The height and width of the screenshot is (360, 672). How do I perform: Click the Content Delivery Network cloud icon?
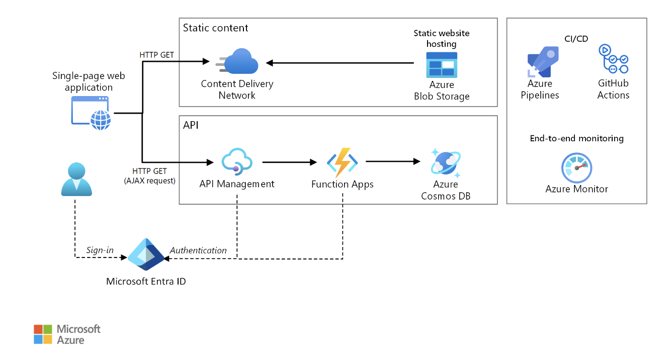[239, 62]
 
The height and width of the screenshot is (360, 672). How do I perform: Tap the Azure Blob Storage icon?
[442, 64]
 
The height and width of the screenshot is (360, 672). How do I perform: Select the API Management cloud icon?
[236, 161]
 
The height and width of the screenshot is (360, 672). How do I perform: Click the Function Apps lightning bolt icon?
[342, 162]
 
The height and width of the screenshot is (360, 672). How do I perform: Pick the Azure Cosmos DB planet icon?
[445, 162]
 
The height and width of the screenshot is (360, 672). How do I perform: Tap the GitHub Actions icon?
[613, 60]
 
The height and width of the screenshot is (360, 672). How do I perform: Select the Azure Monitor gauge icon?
[576, 168]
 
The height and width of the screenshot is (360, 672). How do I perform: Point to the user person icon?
[76, 179]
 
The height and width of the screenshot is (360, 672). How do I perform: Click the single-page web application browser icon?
[91, 113]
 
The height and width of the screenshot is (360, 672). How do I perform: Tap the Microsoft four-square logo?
[43, 334]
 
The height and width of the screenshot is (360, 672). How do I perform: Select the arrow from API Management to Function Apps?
[289, 162]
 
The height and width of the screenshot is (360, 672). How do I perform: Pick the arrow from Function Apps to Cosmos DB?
[392, 161]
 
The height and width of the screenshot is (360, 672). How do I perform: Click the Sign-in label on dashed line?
[100, 250]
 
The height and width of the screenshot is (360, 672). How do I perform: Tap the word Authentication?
[198, 250]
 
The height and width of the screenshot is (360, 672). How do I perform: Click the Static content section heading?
[215, 28]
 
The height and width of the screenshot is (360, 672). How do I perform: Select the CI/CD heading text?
[576, 39]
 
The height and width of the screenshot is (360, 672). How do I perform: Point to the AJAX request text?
[150, 181]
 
